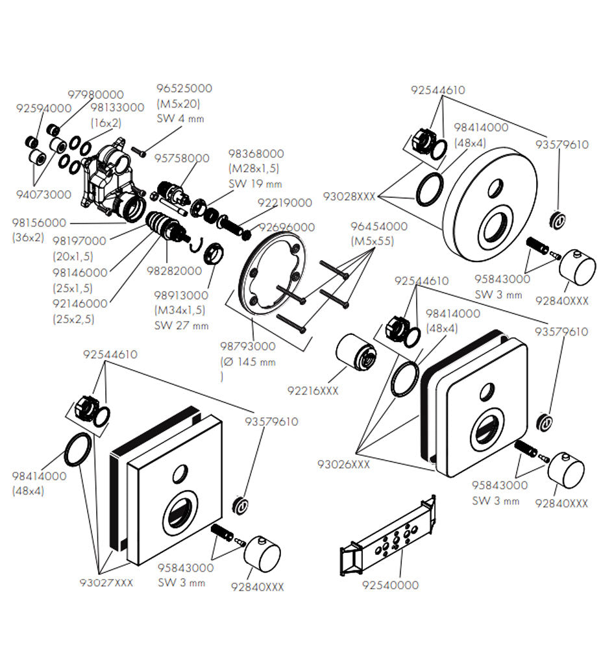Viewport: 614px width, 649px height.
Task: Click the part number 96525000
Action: [x=184, y=89]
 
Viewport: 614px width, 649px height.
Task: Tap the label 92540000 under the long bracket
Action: [x=390, y=585]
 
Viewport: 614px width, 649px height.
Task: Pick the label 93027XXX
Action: [x=106, y=582]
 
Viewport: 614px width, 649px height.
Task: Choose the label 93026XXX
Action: [x=343, y=464]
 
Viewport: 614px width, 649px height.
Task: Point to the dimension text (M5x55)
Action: [x=373, y=241]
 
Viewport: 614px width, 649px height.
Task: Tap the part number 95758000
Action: [x=182, y=158]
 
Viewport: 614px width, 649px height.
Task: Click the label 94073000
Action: [x=44, y=194]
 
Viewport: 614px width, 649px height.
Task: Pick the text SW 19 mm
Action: [x=254, y=183]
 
